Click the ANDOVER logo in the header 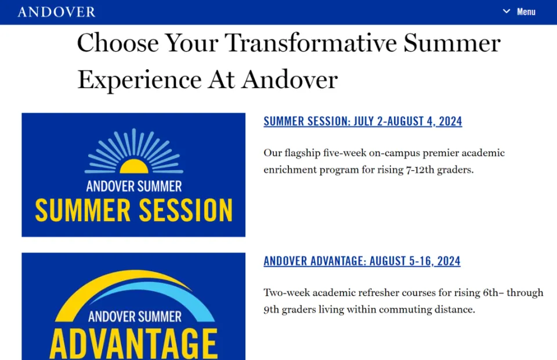[56, 12]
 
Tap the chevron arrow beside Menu [507, 12]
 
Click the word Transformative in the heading [311, 42]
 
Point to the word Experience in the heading [140, 80]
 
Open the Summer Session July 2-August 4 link [363, 121]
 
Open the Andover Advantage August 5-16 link [362, 261]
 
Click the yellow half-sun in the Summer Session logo [134, 166]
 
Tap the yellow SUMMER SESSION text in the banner [134, 210]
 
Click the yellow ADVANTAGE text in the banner [133, 344]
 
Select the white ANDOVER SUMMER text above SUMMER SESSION [134, 186]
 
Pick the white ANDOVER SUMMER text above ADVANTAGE [135, 316]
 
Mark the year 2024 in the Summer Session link [450, 121]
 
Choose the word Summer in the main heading [452, 42]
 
